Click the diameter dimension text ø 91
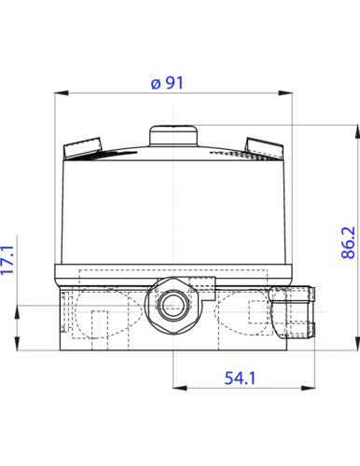pos(167,82)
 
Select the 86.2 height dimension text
pos(348,242)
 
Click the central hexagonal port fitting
pos(173,304)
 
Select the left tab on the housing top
pos(82,146)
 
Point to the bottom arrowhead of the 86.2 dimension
pos(356,346)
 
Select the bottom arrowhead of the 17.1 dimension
pos(19,346)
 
